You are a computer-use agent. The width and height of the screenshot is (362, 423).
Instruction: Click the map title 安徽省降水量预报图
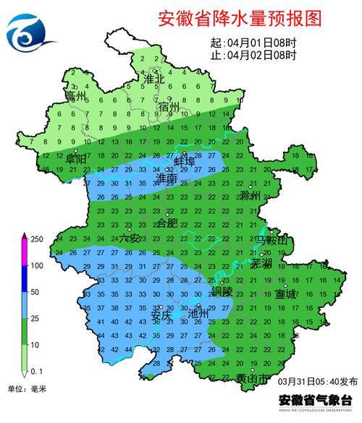coord(239,18)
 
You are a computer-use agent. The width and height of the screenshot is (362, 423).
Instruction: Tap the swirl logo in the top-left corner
coord(30,31)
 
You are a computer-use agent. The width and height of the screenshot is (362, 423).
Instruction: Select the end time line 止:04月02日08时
coord(253,54)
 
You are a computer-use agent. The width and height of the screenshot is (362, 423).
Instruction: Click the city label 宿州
coord(170,107)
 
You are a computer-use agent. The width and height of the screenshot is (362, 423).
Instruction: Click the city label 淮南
coord(167,177)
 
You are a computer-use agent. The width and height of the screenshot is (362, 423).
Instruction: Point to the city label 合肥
coord(167,223)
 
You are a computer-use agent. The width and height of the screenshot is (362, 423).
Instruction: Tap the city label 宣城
coord(285,294)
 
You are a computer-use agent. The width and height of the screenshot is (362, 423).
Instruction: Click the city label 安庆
coord(161,315)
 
